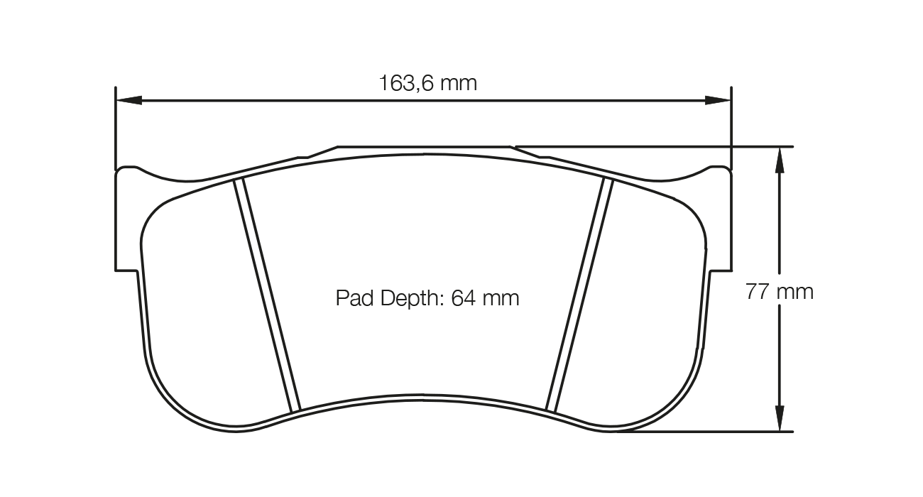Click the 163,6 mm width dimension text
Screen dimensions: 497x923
(x=427, y=84)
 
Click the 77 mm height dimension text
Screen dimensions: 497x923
(x=779, y=291)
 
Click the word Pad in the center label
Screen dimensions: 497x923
(x=351, y=298)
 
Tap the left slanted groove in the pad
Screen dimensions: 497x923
(x=268, y=295)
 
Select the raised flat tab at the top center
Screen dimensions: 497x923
(x=424, y=149)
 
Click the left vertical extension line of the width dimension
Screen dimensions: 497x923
(x=115, y=128)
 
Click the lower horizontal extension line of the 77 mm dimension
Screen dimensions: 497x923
(x=710, y=432)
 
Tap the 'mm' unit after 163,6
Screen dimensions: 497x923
(x=458, y=84)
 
